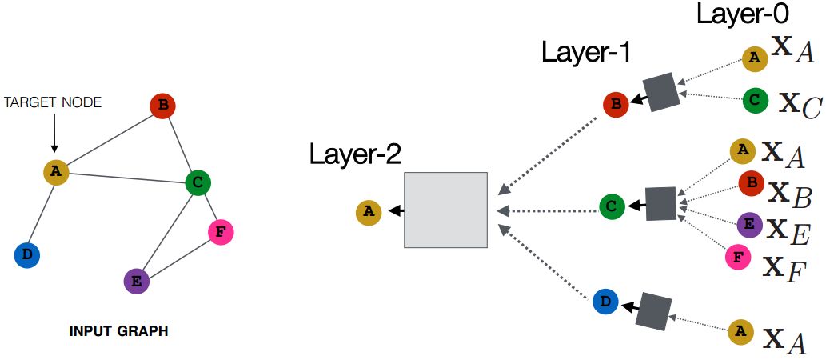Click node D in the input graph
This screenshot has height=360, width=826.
point(27,255)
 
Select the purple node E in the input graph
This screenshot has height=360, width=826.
point(137,281)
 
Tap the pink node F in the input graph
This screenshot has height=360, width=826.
point(220,232)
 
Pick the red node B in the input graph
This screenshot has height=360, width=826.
point(162,106)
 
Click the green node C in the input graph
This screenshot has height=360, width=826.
point(198,182)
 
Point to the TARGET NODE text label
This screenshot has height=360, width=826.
point(54,102)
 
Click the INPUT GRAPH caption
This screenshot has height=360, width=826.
point(119,330)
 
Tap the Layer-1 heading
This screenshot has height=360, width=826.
point(586,53)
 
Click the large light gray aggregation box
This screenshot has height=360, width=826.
point(445,210)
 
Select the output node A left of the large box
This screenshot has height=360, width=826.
point(368,211)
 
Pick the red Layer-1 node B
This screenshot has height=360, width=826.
point(616,103)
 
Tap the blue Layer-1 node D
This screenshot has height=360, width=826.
point(605,302)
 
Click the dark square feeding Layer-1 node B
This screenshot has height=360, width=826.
point(662,92)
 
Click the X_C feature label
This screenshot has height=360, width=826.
point(800,104)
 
